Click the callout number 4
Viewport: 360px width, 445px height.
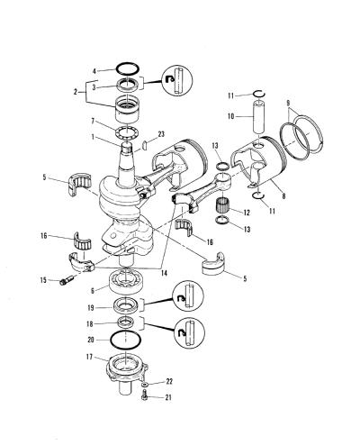[x=94, y=71]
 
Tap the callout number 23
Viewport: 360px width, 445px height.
[x=161, y=134]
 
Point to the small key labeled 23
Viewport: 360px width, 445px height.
[x=144, y=144]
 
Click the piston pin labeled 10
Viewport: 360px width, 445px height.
[x=258, y=117]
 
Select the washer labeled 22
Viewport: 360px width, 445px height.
[x=145, y=385]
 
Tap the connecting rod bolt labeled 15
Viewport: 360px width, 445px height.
[x=67, y=280]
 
